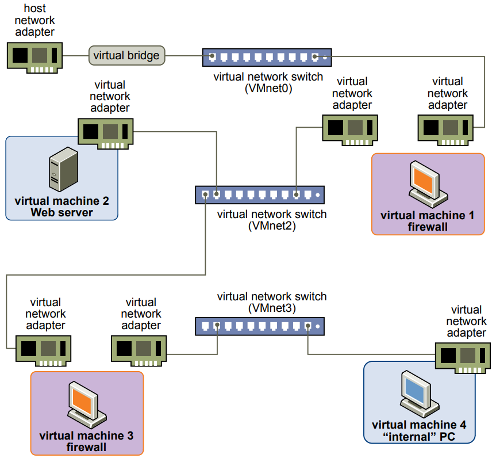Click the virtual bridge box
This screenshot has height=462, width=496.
pos(126,56)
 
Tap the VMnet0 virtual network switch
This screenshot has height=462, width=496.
pos(267,58)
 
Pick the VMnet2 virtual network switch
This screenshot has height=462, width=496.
pos(260,195)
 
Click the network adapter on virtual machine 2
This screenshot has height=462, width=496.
pos(106,133)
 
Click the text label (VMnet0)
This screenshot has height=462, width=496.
pos(268,88)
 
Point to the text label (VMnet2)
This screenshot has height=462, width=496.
pos(271,226)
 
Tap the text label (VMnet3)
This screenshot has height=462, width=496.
pos(271,308)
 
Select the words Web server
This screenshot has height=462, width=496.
pos(61,212)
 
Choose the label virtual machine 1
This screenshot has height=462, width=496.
pos(428,216)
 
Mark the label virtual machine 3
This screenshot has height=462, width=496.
pos(86,436)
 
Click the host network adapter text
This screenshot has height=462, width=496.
pos(35,21)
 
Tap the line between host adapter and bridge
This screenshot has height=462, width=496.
pos(76,56)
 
